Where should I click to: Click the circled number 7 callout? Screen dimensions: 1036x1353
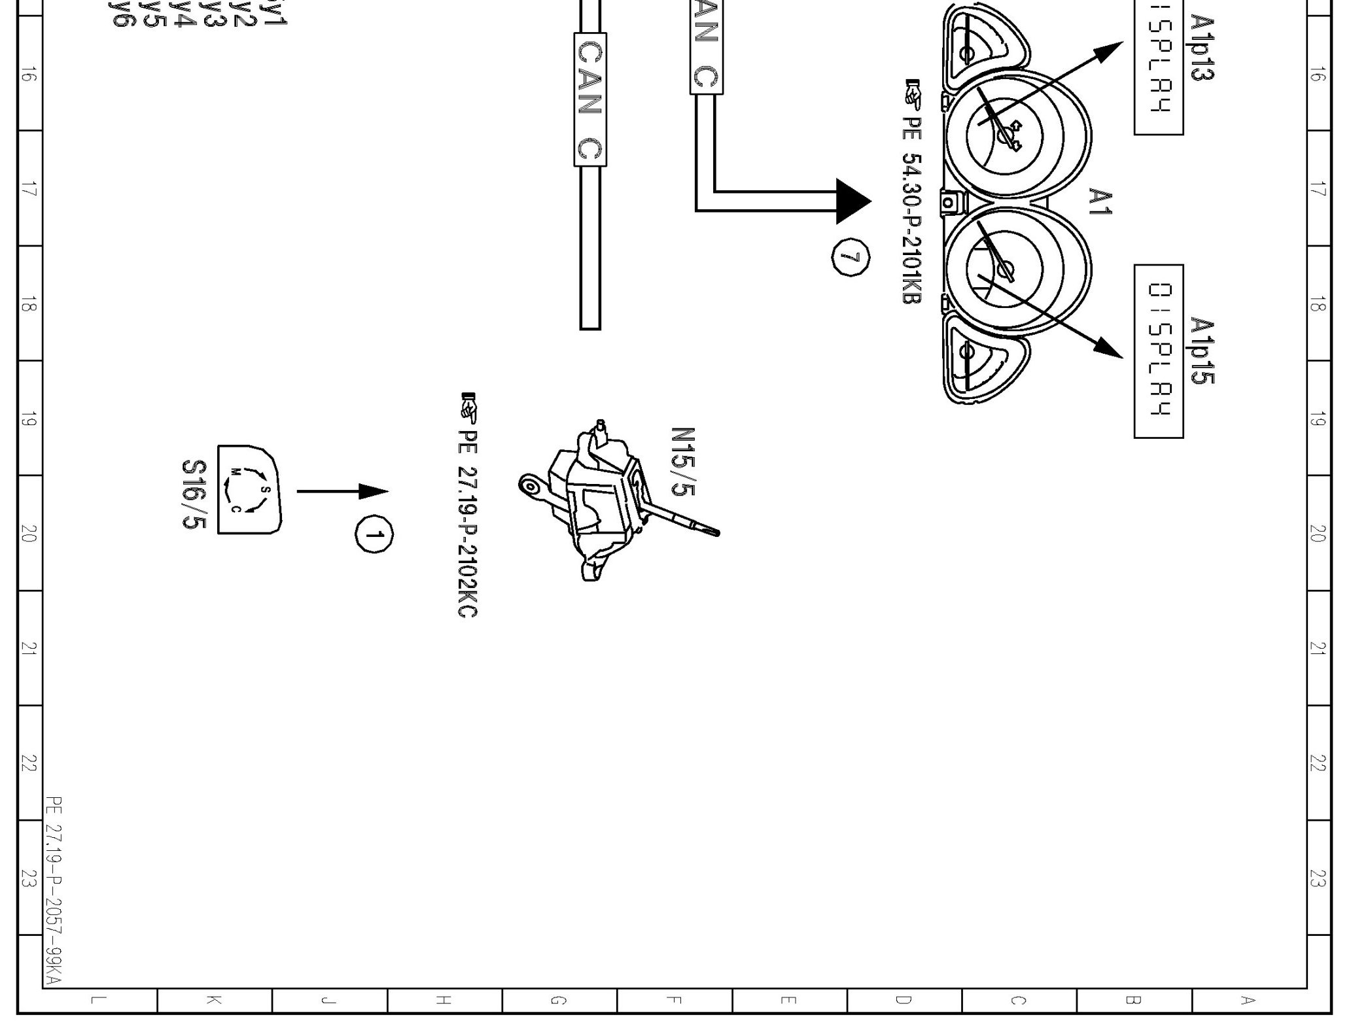(x=851, y=258)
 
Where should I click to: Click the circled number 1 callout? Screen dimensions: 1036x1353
(x=374, y=534)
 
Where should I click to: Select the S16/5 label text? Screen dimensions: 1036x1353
(x=194, y=494)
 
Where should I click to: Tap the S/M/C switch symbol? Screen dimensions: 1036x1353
(x=249, y=490)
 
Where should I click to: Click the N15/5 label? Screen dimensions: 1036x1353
(x=682, y=462)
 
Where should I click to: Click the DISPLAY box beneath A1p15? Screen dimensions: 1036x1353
(x=1159, y=351)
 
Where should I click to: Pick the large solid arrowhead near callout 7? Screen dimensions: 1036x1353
(x=853, y=201)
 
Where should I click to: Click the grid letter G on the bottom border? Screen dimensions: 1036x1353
(x=559, y=1000)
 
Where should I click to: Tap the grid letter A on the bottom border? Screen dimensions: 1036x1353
(x=1248, y=1000)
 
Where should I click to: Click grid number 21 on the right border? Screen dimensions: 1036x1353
(x=1318, y=648)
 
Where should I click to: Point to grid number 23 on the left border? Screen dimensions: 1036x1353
(x=27, y=878)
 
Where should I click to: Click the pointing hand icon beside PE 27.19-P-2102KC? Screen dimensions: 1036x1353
(x=469, y=407)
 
